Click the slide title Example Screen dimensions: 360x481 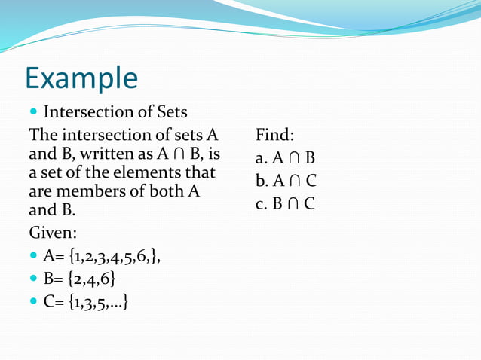(x=81, y=79)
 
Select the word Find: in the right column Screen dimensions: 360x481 (x=274, y=136)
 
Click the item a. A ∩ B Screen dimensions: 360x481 (x=285, y=158)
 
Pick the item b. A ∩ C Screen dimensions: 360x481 (x=285, y=181)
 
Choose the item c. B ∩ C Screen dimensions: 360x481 (x=285, y=203)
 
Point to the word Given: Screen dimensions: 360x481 (x=53, y=230)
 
